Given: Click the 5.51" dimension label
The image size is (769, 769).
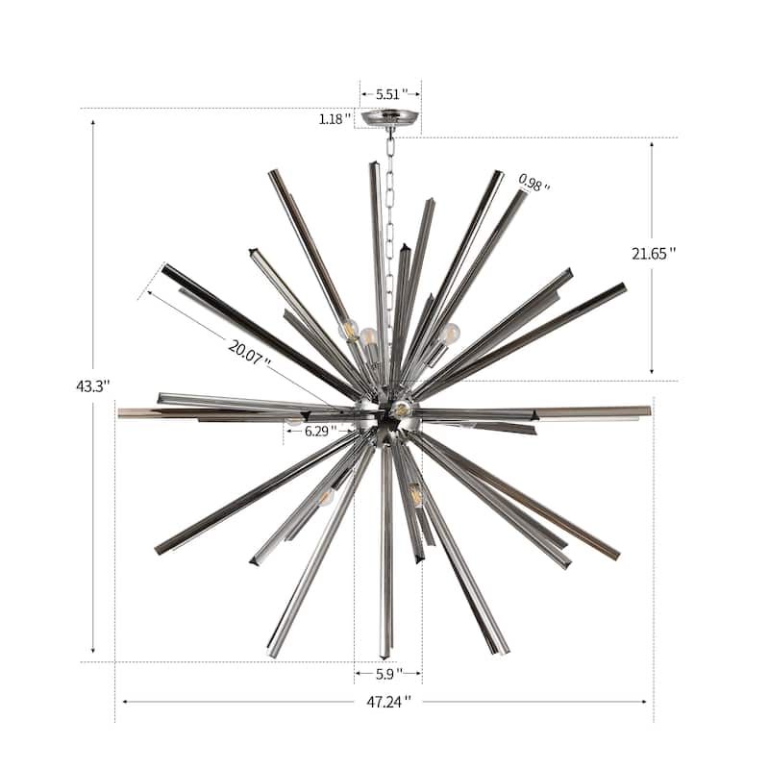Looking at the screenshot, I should pos(391,94).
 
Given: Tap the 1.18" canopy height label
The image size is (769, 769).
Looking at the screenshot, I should pos(336,120).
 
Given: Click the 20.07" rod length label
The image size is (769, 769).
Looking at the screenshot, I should pos(249,352).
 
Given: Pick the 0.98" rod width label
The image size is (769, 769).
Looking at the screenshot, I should pos(534,183).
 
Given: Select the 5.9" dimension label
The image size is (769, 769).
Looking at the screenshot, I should pos(388,675).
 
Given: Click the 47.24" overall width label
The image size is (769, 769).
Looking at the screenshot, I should pos(384,702).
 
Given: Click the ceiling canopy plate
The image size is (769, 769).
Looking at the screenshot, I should pos(390,119).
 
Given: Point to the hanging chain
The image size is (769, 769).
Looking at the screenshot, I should pos(390,221).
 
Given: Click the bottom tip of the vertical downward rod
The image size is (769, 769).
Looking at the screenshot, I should pos(386,655).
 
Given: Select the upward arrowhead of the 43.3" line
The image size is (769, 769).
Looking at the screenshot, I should pos(93,124).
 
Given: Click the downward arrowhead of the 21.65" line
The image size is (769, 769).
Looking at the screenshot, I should pos(652,372).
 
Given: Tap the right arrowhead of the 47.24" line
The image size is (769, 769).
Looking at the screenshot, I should pos(646,702).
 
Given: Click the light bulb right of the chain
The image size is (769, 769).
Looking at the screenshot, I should pos(450,334).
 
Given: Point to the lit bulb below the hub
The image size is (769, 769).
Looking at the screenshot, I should pos(415,496).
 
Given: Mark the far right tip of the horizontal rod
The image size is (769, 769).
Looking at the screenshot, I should pos(649,411).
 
